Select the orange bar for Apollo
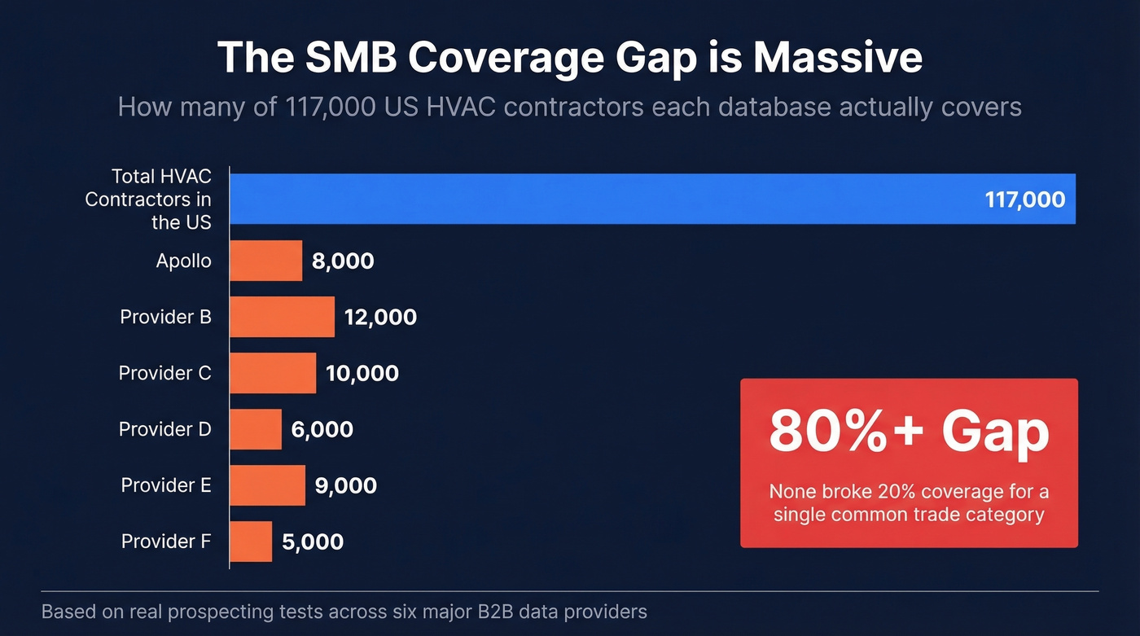pyautogui.click(x=265, y=261)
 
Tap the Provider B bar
pyautogui.click(x=282, y=317)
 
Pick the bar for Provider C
pyautogui.click(x=273, y=373)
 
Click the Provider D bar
pyautogui.click(x=256, y=429)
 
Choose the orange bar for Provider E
pyautogui.click(x=267, y=485)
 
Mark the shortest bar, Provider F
pyautogui.click(x=251, y=542)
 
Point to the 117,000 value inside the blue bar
pyautogui.click(x=1024, y=200)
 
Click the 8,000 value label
pyautogui.click(x=343, y=261)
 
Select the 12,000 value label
pyautogui.click(x=380, y=317)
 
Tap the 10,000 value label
pyautogui.click(x=362, y=373)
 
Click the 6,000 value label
pyautogui.click(x=322, y=429)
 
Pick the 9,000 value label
pyautogui.click(x=345, y=485)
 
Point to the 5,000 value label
pyautogui.click(x=313, y=542)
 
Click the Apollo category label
pyautogui.click(x=184, y=261)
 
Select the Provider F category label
pyautogui.click(x=166, y=542)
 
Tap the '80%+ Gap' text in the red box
pyautogui.click(x=909, y=432)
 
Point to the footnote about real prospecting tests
pyautogui.click(x=344, y=612)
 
